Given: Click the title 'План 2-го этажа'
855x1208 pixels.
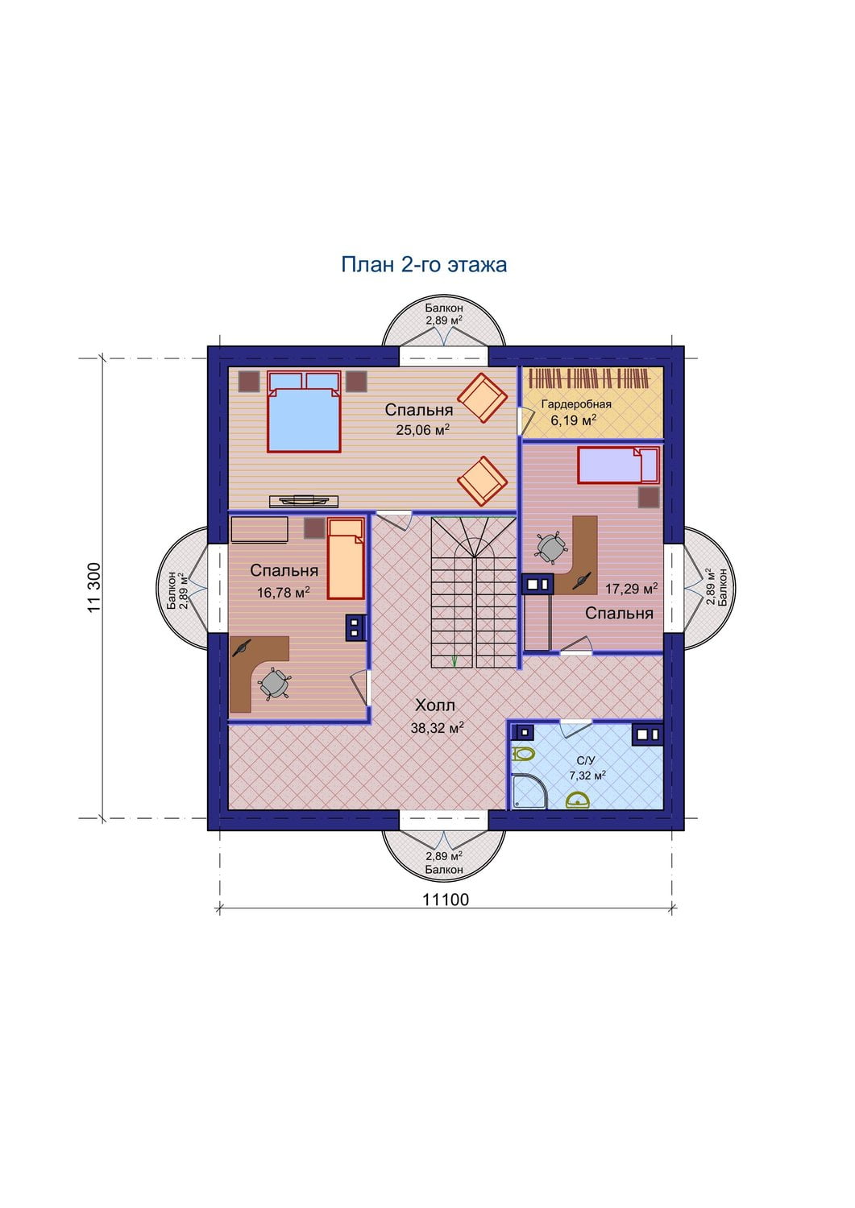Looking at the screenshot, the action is pyautogui.click(x=424, y=265).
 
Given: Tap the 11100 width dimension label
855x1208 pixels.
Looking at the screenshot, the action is pyautogui.click(x=446, y=899).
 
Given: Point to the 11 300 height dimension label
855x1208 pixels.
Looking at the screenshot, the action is pyautogui.click(x=94, y=587).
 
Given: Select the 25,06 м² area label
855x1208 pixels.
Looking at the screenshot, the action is pyautogui.click(x=422, y=430).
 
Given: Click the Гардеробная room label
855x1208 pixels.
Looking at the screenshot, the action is pyautogui.click(x=576, y=404).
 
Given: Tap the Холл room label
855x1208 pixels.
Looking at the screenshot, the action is pyautogui.click(x=435, y=705).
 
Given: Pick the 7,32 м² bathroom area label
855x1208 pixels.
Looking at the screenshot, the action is pyautogui.click(x=587, y=776).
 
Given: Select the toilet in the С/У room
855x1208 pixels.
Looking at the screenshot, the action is pyautogui.click(x=522, y=753).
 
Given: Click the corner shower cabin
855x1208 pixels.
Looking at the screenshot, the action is pyautogui.click(x=528, y=792).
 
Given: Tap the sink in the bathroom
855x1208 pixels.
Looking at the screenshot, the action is pyautogui.click(x=577, y=800).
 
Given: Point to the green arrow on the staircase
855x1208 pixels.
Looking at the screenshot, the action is pyautogui.click(x=454, y=660).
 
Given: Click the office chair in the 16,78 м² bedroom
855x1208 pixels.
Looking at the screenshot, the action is pyautogui.click(x=274, y=684).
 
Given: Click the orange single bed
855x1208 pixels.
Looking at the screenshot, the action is pyautogui.click(x=346, y=559).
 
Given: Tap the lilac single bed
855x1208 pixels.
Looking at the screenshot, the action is pyautogui.click(x=619, y=465).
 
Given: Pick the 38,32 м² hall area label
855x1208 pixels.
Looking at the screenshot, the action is pyautogui.click(x=438, y=728).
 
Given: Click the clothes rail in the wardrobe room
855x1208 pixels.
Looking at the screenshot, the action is pyautogui.click(x=590, y=378).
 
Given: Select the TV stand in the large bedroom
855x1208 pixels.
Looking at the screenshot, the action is pyautogui.click(x=304, y=501).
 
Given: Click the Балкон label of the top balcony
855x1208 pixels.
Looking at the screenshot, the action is pyautogui.click(x=444, y=308).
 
